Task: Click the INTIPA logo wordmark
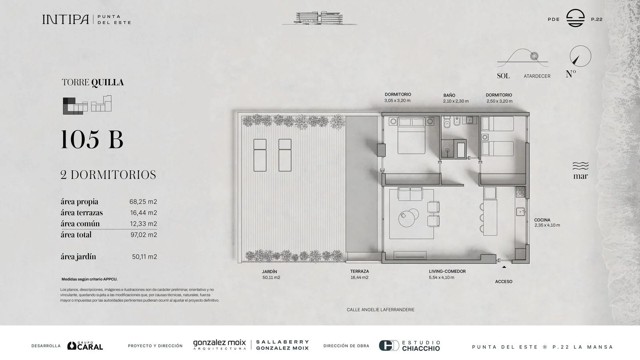tap(66, 20)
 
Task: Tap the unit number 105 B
tap(92, 140)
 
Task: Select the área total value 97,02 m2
tap(144, 235)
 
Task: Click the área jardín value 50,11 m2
tap(144, 257)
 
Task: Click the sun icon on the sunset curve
tap(534, 56)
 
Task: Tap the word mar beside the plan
tap(580, 176)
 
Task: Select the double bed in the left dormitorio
tap(412, 136)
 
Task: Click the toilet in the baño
tap(447, 122)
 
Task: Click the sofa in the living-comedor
tap(410, 194)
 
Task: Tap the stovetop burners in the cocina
tap(520, 192)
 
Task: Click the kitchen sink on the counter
tap(520, 212)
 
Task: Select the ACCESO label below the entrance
tap(504, 282)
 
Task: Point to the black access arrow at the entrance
tap(504, 267)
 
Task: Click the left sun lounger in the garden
tap(260, 155)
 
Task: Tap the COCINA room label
tap(542, 220)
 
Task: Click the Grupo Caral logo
tap(85, 346)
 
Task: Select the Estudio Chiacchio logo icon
tap(389, 346)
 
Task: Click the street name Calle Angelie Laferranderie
tap(380, 310)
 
